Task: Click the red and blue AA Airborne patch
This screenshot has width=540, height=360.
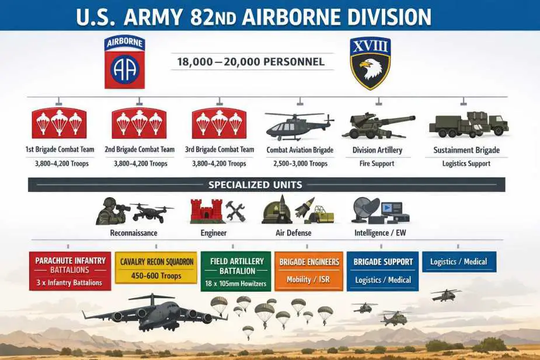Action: click(125, 62)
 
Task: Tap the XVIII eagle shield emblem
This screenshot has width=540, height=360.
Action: click(370, 64)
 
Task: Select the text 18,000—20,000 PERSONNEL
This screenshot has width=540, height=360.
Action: click(250, 62)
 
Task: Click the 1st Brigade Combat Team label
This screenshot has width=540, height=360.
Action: click(60, 149)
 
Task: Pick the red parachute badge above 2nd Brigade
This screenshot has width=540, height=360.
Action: click(139, 123)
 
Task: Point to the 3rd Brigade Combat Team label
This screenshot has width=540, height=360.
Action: click(220, 149)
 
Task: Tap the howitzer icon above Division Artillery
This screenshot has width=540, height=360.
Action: click(378, 125)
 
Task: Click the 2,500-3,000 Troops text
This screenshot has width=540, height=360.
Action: click(300, 163)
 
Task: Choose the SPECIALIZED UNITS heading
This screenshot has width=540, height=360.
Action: click(255, 185)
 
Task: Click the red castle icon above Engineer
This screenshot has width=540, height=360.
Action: click(206, 211)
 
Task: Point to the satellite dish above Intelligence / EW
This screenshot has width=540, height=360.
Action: click(365, 209)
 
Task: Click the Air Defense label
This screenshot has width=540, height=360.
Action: click(294, 233)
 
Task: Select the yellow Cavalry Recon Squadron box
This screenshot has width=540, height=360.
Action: click(156, 268)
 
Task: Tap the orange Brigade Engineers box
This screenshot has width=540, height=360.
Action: click(309, 271)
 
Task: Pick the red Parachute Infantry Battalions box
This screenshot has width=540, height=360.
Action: click(70, 271)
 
